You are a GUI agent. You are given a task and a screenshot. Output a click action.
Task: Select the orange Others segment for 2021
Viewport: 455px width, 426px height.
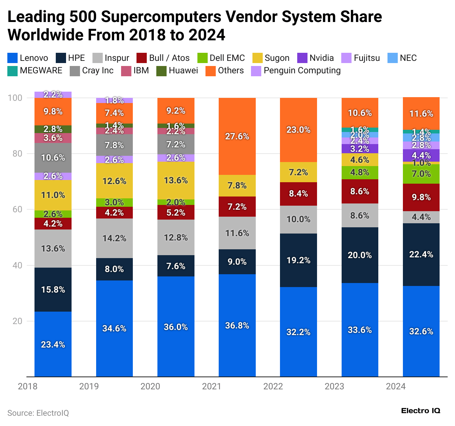pos(237,136)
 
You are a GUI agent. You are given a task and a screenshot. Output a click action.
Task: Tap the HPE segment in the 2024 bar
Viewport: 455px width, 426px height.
pos(421,254)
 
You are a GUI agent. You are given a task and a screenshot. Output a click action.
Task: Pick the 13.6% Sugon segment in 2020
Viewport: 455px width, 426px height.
pos(176,180)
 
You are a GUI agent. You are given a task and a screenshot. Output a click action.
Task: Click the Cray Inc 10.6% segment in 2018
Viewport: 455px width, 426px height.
pos(53,158)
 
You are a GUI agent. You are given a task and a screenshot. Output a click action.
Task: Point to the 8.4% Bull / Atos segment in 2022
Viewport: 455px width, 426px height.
pos(298,194)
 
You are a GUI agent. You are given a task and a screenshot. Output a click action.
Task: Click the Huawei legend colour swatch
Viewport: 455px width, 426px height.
pos(161,71)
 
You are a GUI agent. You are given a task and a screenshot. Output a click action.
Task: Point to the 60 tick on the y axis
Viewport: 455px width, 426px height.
pos(17,209)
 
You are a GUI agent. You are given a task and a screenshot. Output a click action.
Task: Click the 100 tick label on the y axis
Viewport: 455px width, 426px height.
pos(15,98)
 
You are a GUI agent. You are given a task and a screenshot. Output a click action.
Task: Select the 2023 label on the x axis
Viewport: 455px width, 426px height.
pos(334,386)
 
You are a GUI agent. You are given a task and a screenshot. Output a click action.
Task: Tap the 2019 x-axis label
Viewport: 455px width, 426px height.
pos(89,386)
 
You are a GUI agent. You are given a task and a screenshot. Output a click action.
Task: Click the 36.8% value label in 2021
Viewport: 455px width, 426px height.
pos(237,326)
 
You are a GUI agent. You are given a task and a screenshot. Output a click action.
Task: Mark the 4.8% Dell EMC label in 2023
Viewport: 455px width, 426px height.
pos(360,172)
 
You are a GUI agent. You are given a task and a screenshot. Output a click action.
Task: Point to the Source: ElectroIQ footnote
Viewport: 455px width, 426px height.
pos(38,413)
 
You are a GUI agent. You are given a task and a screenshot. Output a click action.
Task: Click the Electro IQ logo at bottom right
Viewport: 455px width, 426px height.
pos(421,411)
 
